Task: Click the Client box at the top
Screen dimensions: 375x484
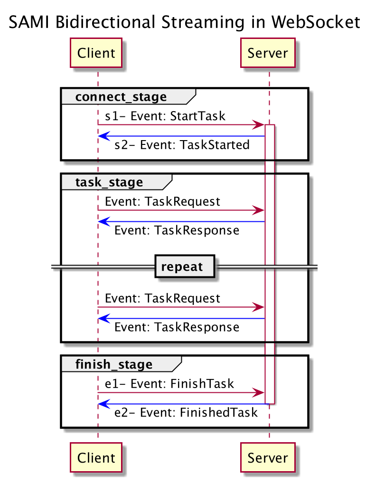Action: point(96,53)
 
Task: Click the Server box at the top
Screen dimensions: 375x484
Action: point(268,53)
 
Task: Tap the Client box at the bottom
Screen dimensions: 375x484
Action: point(96,457)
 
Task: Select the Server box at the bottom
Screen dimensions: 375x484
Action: point(268,457)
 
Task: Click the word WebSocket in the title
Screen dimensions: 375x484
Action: point(316,22)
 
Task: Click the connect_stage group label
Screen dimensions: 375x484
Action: point(121,97)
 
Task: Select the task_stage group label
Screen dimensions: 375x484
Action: point(109,182)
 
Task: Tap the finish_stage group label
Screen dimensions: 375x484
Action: point(114,364)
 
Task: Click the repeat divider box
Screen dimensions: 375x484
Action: point(185,266)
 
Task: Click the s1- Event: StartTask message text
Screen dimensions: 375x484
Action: point(165,116)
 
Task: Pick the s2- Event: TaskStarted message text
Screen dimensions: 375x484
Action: point(182,145)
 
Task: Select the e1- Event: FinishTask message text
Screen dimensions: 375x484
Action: point(169,384)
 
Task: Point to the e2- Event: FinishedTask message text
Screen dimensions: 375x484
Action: point(186,412)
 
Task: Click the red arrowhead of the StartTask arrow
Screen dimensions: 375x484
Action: point(258,125)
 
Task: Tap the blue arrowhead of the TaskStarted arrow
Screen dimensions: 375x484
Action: point(104,136)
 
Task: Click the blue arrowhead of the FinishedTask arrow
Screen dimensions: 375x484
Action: point(104,404)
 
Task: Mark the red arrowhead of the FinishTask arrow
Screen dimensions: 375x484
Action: point(258,393)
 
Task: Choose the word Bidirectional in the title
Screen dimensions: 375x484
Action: point(105,22)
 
